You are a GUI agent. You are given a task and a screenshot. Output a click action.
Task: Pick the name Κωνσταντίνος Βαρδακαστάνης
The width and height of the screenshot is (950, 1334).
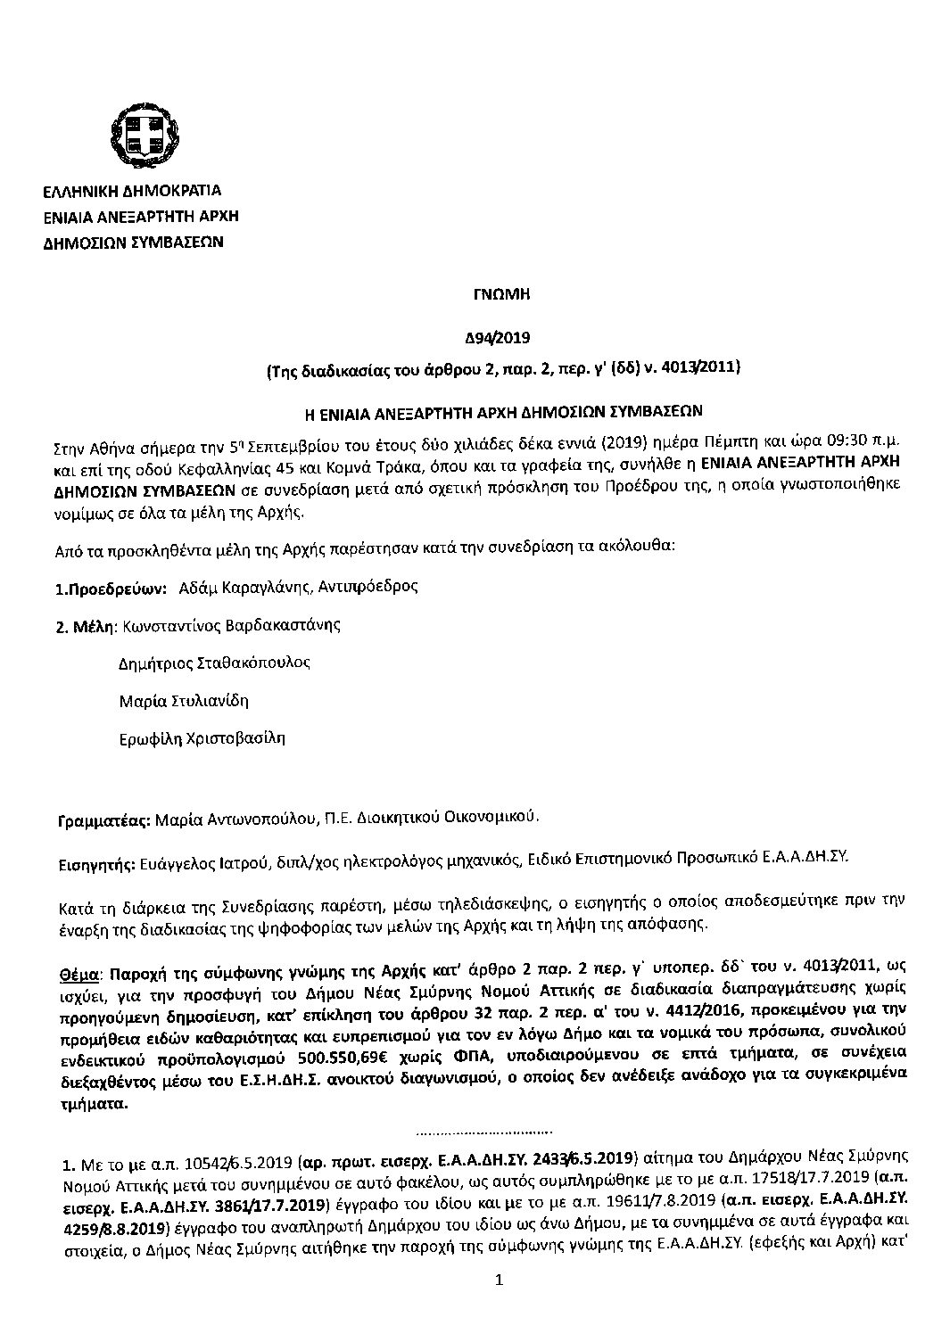coord(231,624)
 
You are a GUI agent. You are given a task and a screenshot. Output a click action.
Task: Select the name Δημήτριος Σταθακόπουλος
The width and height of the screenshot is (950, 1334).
coord(215,663)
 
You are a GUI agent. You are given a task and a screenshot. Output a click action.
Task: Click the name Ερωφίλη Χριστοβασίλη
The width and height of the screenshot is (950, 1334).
coord(202,738)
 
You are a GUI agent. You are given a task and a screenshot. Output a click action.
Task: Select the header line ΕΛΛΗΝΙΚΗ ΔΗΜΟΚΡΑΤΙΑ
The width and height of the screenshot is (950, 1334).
coord(132,191)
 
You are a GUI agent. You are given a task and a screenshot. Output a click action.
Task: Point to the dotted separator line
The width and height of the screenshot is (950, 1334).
coord(487,1132)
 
